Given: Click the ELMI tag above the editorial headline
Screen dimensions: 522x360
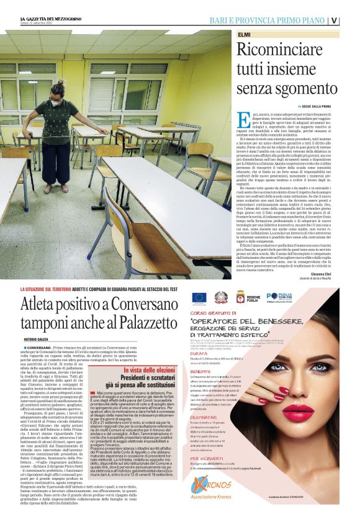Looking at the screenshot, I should tap(245, 35).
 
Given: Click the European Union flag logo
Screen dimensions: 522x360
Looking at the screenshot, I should tap(199, 298).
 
